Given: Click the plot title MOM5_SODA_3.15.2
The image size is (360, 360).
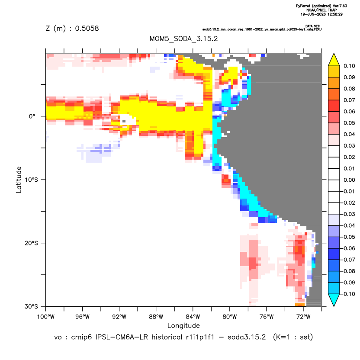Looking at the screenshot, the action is coord(183,39).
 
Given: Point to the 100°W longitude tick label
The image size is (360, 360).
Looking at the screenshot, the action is coord(46,317).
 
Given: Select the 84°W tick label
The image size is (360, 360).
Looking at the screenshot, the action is coord(193,317).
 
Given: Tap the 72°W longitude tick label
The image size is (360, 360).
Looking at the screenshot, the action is coord(303,317).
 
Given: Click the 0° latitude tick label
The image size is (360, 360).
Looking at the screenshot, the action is coord(32,116).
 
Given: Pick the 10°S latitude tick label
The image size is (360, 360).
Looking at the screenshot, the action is coord(32,180).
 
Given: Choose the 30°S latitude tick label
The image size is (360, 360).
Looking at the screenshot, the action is coord(32,306).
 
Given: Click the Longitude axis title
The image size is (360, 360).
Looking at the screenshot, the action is coord(183,325).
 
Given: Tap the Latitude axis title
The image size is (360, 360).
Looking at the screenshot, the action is coord(19,180).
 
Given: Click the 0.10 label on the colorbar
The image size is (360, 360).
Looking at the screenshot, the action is coord(349,66).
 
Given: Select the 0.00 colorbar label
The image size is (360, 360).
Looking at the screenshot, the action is coord(349,180).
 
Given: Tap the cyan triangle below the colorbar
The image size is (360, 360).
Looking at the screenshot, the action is coord(334,299).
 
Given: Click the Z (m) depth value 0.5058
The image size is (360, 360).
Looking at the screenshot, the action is coord(87,28).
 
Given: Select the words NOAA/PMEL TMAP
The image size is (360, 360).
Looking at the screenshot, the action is coord(321,10).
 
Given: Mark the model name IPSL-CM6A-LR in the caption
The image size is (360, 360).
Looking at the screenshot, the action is coord(122,337).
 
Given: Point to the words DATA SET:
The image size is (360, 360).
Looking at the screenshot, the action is coord(313,26).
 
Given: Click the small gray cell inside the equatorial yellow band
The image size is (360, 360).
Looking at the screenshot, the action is coord(124,121).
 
